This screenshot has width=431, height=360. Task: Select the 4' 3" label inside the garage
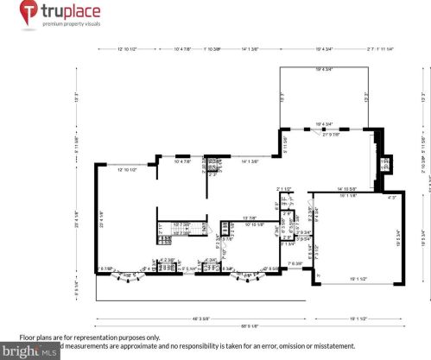392,198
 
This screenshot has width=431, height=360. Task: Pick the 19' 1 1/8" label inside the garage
348,197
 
